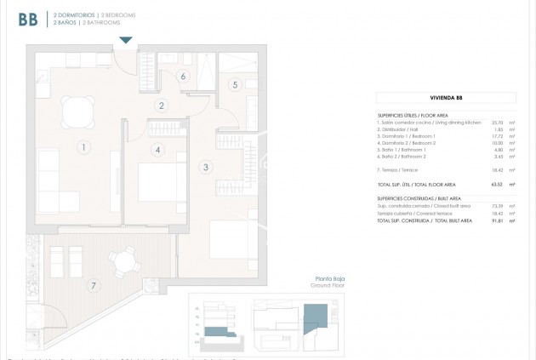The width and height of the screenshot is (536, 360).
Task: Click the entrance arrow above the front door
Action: [x=126, y=40]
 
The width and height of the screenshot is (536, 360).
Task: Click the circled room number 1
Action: [x=83, y=147]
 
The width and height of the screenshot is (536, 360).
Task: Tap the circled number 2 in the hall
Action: [x=161, y=106]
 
